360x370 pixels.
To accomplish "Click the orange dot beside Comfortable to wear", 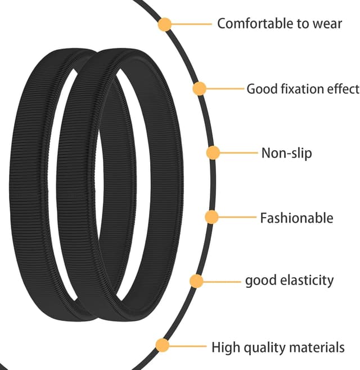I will pyautogui.click(x=165, y=24).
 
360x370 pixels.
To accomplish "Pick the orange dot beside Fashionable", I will pyautogui.click(x=211, y=217).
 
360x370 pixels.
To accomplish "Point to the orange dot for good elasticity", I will pyautogui.click(x=196, y=281).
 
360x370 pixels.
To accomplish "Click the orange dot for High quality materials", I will pyautogui.click(x=162, y=346).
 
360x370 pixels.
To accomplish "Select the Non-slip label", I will pyautogui.click(x=286, y=153).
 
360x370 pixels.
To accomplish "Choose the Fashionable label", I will pyautogui.click(x=296, y=218).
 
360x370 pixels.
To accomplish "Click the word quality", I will pyautogui.click(x=263, y=348).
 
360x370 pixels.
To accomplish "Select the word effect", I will pyautogui.click(x=343, y=89).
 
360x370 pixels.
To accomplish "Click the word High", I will pyautogui.click(x=224, y=347).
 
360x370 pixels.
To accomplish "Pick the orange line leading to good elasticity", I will pyautogui.click(x=220, y=281).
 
